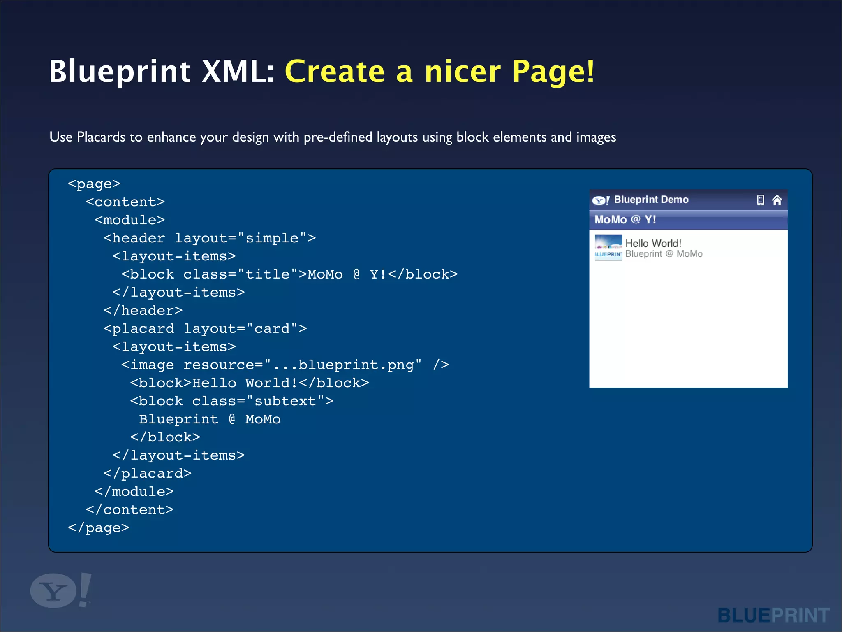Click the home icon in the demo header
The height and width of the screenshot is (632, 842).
(777, 200)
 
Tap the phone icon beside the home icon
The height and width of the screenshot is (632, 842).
(761, 200)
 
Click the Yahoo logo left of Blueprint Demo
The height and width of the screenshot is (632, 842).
(601, 200)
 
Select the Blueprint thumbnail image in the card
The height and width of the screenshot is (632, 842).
(608, 247)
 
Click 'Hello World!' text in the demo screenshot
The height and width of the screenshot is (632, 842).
(653, 243)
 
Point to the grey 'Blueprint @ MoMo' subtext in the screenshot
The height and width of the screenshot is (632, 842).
(664, 254)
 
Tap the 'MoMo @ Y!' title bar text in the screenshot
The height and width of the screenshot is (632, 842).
(625, 220)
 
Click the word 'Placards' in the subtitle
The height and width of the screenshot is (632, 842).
(101, 137)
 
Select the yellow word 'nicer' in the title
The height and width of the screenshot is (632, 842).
(462, 72)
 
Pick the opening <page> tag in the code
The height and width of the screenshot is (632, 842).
(94, 184)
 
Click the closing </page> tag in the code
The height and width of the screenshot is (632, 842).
(99, 527)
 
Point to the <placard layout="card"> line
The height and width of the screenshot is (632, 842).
(205, 328)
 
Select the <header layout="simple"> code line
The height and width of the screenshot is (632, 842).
(210, 238)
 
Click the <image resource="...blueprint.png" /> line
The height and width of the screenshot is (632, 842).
(285, 365)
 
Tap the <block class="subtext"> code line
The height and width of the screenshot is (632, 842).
(232, 401)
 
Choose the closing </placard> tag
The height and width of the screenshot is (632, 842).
(148, 473)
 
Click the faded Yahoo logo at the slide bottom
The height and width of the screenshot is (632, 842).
(61, 590)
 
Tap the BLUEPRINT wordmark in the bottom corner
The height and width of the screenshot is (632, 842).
(773, 616)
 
